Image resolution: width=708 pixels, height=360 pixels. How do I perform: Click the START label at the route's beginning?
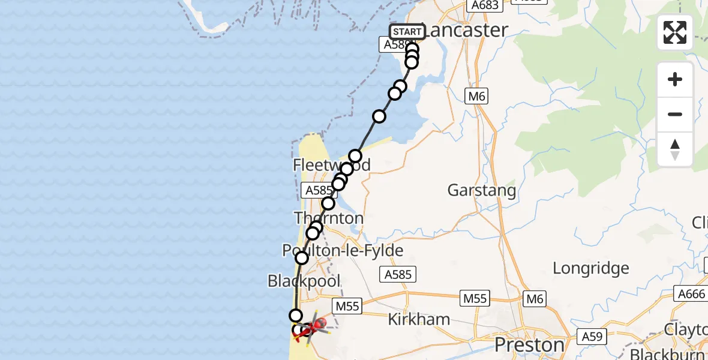(x=407, y=32)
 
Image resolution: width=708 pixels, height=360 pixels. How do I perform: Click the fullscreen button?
(x=675, y=32)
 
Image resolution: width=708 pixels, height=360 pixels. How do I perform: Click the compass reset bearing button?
(x=675, y=149)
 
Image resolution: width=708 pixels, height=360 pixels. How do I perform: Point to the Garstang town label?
(x=482, y=191)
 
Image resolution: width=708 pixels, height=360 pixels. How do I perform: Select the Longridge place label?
(x=591, y=268)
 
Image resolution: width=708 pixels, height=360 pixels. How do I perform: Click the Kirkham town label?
(x=419, y=319)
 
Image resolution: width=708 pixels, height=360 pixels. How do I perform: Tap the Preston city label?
(x=529, y=345)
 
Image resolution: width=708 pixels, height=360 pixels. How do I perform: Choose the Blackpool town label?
(x=304, y=281)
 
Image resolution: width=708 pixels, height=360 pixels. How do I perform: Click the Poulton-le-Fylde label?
(x=344, y=250)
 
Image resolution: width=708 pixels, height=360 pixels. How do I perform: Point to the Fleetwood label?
(x=332, y=165)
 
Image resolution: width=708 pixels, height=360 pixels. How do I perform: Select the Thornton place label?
(x=329, y=218)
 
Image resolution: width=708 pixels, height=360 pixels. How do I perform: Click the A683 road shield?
(x=485, y=5)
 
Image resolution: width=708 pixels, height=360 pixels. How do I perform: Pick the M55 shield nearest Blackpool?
(x=347, y=307)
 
